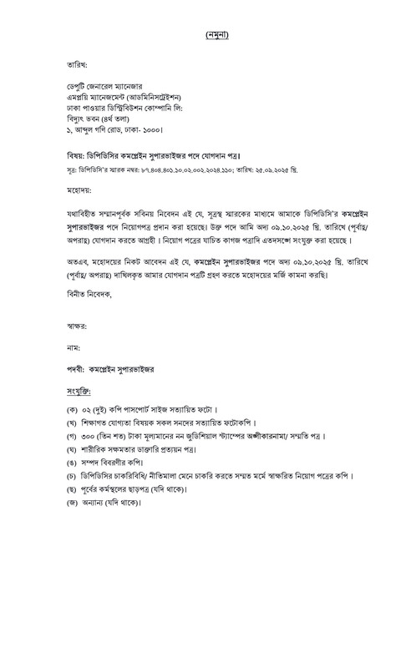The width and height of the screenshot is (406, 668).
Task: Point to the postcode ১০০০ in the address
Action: click(144, 130)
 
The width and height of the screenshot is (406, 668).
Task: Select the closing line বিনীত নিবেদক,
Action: click(87, 295)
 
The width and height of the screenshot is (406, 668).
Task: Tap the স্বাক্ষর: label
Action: click(76, 328)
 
